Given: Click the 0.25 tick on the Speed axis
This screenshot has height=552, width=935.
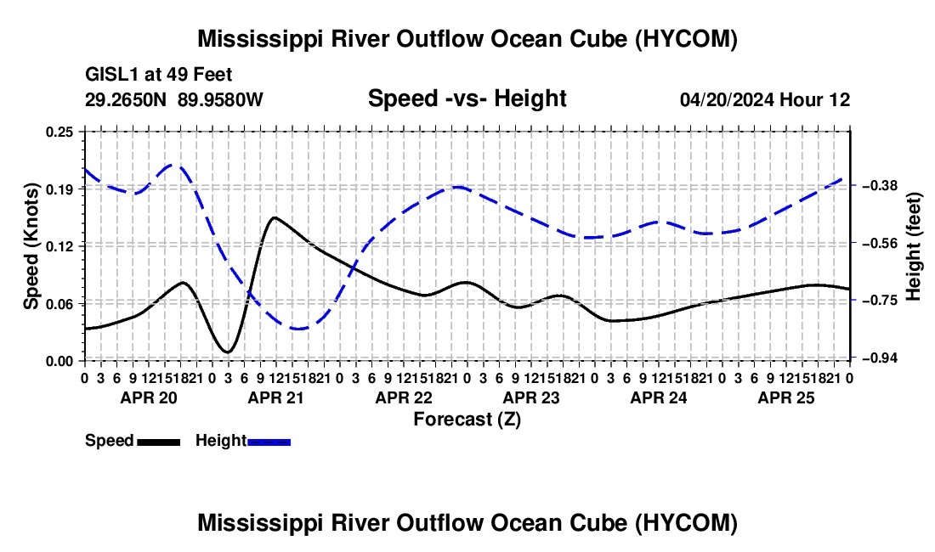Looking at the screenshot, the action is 59,132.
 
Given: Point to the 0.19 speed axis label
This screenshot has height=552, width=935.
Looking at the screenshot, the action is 59,189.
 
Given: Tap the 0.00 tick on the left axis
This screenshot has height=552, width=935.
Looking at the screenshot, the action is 59,361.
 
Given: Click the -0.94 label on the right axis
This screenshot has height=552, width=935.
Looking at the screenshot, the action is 879,358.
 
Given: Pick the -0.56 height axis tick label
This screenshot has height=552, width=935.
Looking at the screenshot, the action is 879,243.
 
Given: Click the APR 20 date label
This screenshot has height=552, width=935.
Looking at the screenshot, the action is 149,397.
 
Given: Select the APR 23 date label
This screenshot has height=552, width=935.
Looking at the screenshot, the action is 531,397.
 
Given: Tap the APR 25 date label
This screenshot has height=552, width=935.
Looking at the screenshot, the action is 786,397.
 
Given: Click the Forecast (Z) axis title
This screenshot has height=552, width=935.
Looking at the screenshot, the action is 467,420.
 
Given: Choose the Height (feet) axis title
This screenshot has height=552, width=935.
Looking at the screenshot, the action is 913,246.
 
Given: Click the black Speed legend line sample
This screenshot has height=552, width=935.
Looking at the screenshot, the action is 159,442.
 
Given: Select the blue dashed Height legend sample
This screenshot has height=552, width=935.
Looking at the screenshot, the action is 269,442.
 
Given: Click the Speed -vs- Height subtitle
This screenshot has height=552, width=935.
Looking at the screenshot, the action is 467,99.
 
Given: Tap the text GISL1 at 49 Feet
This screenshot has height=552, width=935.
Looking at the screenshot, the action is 159,75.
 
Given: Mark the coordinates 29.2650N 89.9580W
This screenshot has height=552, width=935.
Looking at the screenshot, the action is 174,99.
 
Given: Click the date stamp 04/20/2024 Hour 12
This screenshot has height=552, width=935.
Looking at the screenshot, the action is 765,99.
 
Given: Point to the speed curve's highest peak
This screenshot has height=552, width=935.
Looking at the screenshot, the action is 275,217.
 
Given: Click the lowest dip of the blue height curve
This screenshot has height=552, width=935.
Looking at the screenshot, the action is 298,329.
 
